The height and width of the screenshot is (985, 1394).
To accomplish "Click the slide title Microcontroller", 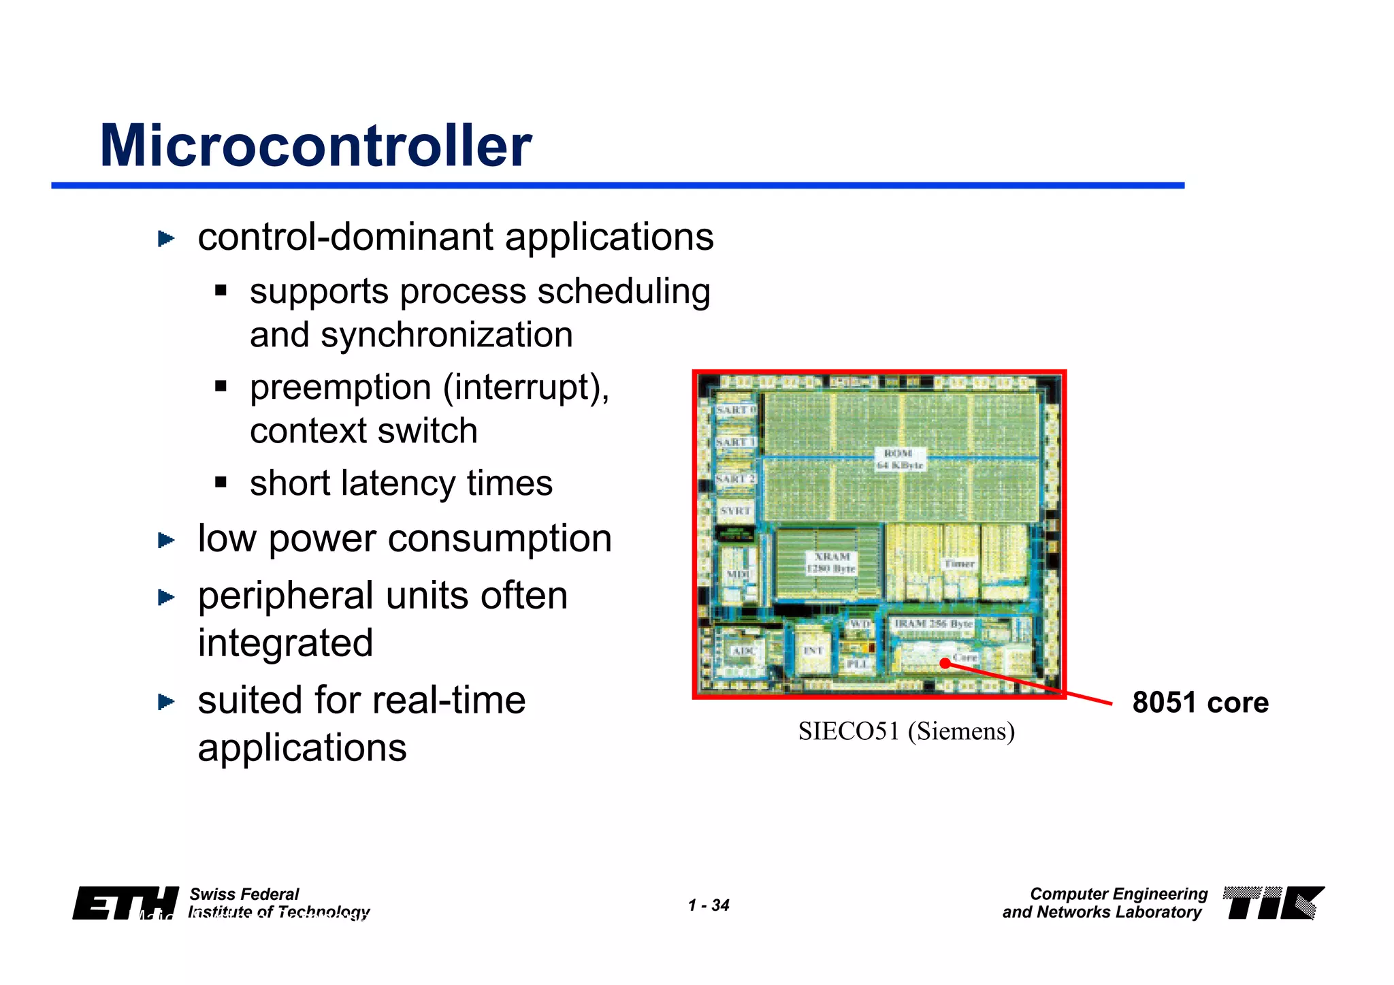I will coord(315,146).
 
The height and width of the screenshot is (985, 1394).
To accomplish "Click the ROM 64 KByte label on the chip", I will coord(899,459).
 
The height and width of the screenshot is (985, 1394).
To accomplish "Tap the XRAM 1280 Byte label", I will coord(831,563).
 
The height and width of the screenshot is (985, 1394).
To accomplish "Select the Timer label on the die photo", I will coord(959,564).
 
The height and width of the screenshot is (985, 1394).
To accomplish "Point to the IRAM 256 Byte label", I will coord(933,624).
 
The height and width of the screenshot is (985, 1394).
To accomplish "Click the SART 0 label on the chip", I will coord(735,410).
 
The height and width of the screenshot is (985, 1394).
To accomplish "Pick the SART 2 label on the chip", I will coord(735,479).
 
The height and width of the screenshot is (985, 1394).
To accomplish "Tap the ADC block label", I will coord(742,651).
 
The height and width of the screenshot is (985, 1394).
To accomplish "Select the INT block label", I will coord(813,651).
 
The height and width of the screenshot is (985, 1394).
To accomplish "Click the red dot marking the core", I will coord(945,663).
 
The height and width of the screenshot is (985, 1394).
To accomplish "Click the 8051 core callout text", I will coord(1200,703).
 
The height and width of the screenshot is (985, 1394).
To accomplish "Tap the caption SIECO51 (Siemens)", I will coord(906,732).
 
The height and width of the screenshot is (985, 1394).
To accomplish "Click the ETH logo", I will coord(125,903).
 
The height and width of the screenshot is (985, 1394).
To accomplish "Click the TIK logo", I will coord(1273,903).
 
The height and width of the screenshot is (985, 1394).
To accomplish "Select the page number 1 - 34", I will coord(708,905).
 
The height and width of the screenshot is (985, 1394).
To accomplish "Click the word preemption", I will coord(340,388).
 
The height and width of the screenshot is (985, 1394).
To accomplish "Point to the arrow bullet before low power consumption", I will coord(166,540).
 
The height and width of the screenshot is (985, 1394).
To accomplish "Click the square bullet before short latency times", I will coord(221,483).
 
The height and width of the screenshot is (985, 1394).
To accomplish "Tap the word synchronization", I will coord(447,336).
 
